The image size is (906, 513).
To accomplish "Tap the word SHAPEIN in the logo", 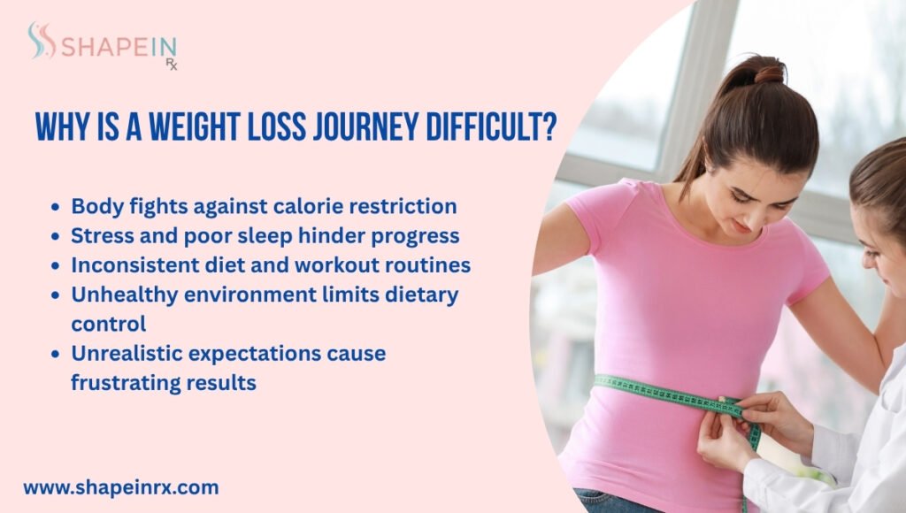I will tap(118, 45).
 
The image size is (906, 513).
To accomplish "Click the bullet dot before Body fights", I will tap(56, 208).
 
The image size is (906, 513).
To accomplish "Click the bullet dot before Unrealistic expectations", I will tap(56, 355).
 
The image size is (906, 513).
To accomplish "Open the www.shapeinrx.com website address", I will tap(121, 486).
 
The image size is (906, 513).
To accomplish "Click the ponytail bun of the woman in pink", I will tap(766, 70).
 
